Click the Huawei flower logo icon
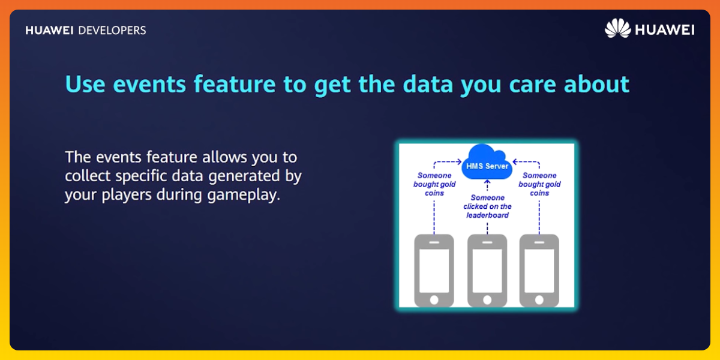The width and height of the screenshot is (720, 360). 618,28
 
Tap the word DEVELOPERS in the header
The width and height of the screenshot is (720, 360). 112,31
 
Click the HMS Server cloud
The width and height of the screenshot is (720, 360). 487,162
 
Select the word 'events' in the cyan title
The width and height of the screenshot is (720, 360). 149,84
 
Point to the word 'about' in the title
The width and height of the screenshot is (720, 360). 596,83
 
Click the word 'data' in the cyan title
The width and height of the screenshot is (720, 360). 428,83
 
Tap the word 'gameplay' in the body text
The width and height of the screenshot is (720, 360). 244,195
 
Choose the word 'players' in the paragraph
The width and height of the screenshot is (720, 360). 127,195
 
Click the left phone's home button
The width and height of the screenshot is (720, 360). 434,300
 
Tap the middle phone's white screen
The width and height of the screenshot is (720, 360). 487,271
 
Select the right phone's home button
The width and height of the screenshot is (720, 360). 539,300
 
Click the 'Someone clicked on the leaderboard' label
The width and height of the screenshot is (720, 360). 487,206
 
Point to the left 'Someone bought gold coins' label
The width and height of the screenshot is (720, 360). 434,184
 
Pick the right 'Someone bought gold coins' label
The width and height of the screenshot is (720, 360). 539,184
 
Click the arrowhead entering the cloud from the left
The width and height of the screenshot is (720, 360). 460,161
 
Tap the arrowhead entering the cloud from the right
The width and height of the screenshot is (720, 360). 515,161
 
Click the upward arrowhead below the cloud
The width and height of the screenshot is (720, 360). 487,182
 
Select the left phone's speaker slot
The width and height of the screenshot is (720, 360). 434,242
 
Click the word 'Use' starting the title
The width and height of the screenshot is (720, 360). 85,84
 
